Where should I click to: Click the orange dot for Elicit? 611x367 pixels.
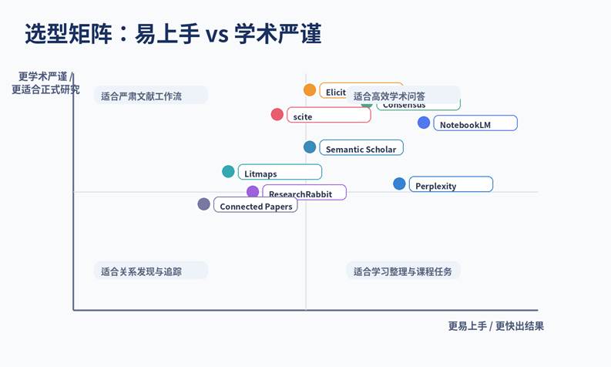click(310, 90)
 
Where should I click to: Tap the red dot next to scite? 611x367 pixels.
click(277, 115)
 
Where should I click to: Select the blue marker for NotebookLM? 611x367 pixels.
click(424, 123)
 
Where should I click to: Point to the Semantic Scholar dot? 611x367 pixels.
click(310, 147)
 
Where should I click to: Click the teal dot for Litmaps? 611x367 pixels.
click(229, 172)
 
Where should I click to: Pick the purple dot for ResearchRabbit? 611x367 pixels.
click(253, 192)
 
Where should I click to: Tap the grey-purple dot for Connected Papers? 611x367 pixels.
click(203, 204)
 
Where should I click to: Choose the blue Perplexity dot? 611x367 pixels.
click(399, 183)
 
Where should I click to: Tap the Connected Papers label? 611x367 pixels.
click(256, 206)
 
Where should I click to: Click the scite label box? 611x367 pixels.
click(328, 116)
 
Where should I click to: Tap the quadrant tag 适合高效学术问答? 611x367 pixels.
click(390, 96)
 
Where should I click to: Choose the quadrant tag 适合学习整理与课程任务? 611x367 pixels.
click(403, 271)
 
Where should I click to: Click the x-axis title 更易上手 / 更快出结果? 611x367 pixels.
click(495, 326)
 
